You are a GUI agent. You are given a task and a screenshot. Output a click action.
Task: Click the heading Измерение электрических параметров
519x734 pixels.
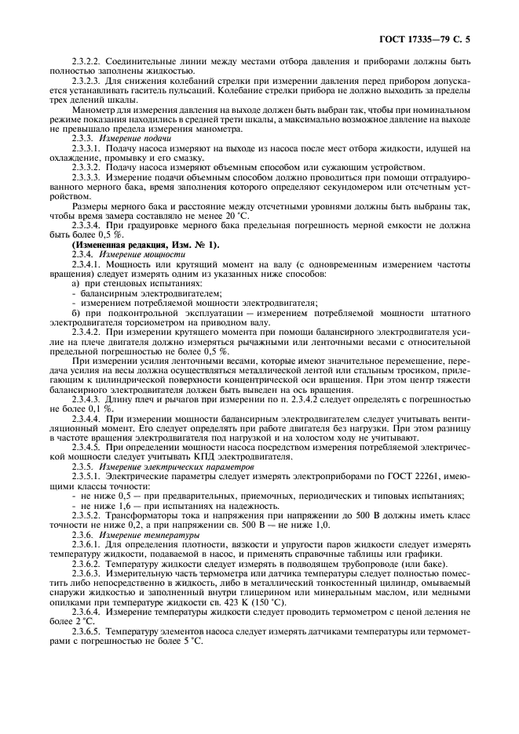pos(166,467)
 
